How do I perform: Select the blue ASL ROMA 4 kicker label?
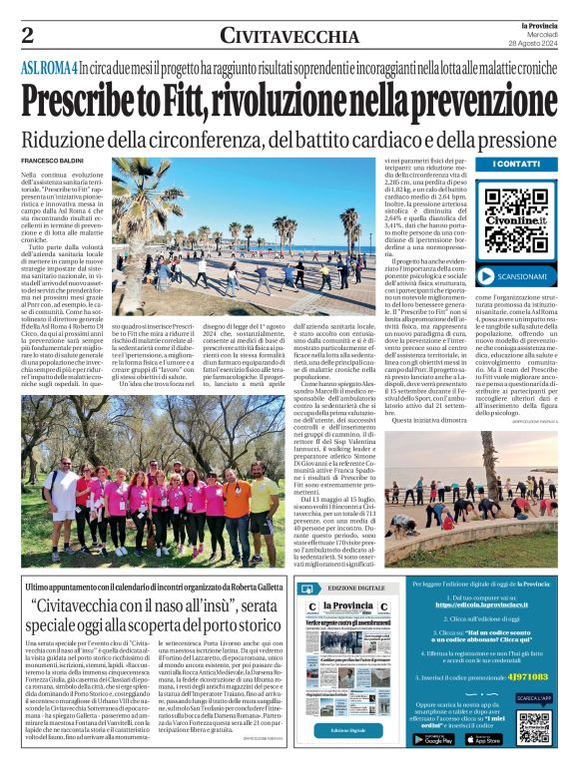point(50,69)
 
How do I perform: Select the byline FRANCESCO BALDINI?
point(53,162)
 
